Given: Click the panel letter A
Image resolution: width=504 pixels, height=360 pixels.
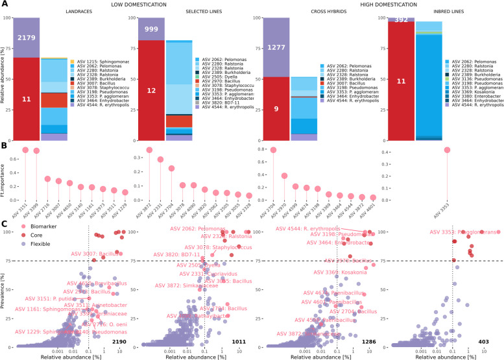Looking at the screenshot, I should [x=5, y=5].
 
